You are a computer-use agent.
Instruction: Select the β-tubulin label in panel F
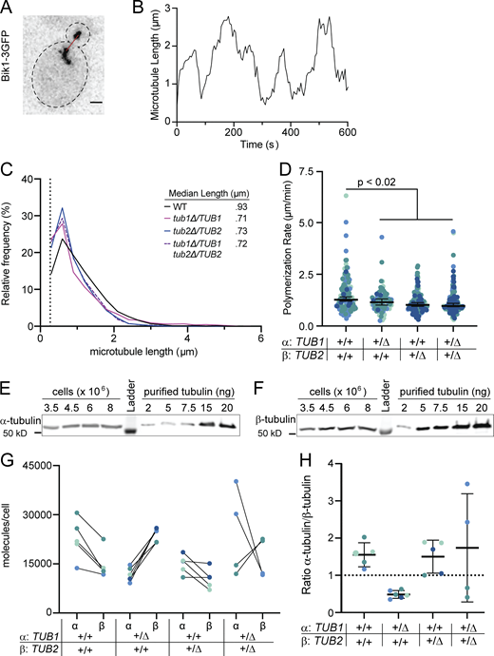pos(268,391)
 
